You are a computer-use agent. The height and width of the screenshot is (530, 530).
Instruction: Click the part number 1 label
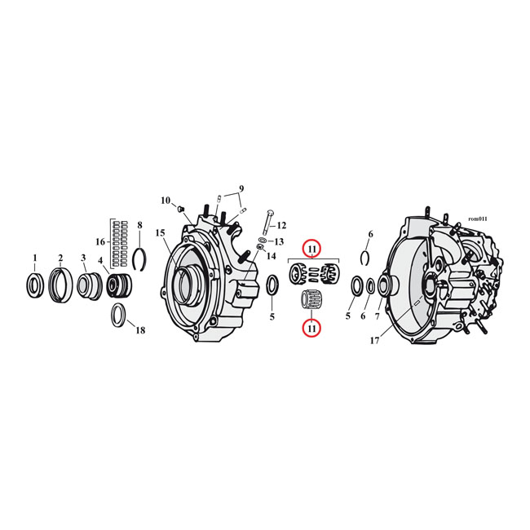point(34,258)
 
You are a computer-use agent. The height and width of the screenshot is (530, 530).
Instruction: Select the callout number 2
point(60,258)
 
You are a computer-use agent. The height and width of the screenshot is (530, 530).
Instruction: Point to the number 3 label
point(84,258)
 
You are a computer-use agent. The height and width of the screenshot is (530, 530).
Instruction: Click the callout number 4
point(102,261)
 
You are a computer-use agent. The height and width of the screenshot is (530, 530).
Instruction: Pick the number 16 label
point(100,242)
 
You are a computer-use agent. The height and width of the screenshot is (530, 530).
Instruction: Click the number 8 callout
point(139,225)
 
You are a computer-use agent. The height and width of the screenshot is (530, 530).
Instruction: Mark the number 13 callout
point(279,241)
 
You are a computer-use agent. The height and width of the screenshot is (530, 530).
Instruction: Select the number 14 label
point(272,255)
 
